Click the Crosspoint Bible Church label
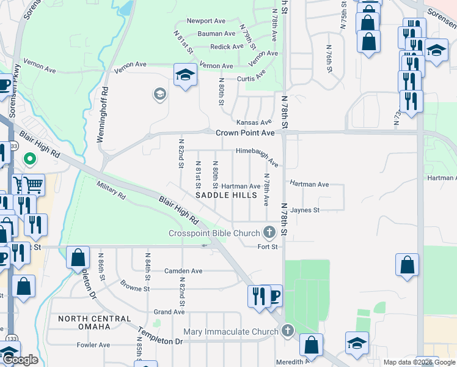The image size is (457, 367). coord(214,233)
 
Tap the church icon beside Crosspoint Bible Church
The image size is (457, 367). coord(269,232)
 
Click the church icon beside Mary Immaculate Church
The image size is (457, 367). coord(288,332)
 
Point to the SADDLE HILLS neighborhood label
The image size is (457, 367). coord(228,195)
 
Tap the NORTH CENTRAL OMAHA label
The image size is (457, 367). coord(95,323)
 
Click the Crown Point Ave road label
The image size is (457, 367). coord(244,133)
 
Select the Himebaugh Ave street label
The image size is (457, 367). coord(257,158)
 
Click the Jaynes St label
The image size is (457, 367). coord(305,210)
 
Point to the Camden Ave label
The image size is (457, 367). coord(183,271)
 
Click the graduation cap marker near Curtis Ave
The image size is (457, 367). coord(185,75)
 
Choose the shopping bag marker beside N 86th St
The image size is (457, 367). coord(78,257)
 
